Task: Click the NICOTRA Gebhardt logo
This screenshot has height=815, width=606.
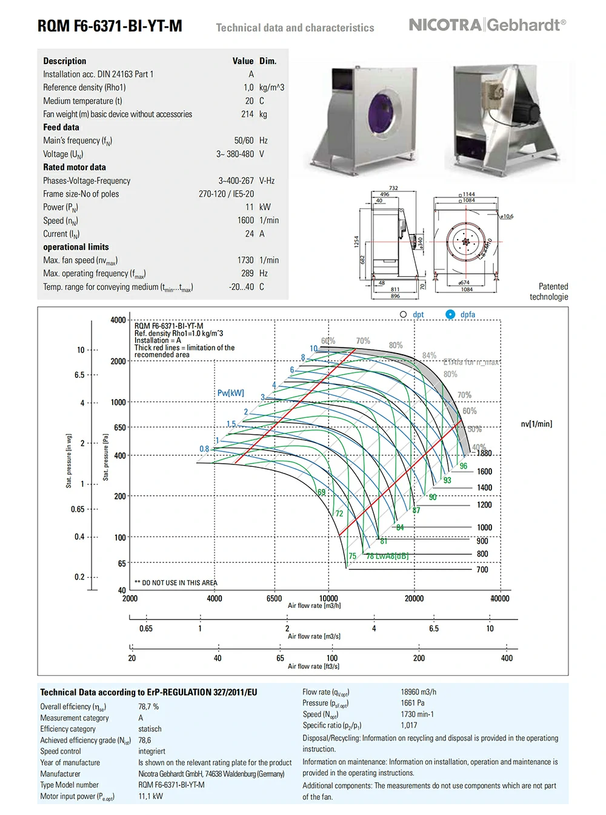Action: (x=487, y=25)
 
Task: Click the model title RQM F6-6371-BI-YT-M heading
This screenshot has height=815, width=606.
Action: (x=110, y=26)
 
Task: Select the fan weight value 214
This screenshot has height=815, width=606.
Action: (x=247, y=114)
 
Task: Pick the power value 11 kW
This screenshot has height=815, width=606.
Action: (x=250, y=207)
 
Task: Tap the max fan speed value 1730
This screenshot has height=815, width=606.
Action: (x=245, y=260)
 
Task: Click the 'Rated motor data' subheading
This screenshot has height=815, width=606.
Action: (x=75, y=167)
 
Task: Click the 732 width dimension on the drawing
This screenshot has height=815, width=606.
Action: (x=393, y=188)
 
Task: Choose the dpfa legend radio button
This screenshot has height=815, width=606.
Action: (x=450, y=314)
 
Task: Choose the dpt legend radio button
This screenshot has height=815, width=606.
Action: (x=404, y=314)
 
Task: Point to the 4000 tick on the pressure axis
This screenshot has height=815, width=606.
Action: (x=118, y=320)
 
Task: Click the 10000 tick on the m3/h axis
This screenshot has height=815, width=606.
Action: (x=328, y=598)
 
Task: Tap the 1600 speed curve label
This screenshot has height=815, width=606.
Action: (x=484, y=472)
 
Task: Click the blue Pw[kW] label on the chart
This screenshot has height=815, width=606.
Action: (x=230, y=393)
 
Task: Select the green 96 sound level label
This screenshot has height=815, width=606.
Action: (x=464, y=466)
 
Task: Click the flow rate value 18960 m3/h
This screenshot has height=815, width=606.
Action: (x=418, y=692)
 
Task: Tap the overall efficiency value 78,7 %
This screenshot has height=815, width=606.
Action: (x=148, y=707)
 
